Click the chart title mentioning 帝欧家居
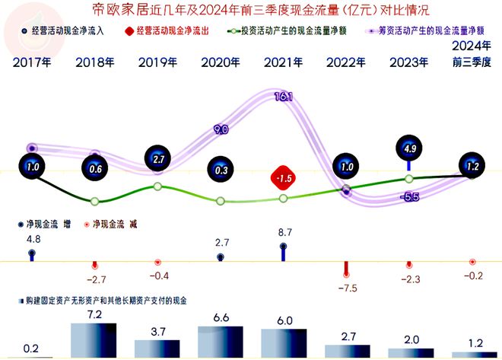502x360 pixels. (x=251, y=11)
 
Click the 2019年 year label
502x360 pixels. (x=157, y=62)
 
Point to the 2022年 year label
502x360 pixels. (x=346, y=62)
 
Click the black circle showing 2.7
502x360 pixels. (x=157, y=161)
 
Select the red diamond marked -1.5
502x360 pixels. (x=284, y=178)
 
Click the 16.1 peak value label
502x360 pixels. (x=283, y=97)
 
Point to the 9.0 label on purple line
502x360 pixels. (x=221, y=130)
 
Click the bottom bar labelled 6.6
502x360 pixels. (x=221, y=342)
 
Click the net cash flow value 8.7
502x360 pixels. (x=283, y=231)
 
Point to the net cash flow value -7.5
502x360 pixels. (x=347, y=288)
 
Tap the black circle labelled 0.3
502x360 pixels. (x=221, y=171)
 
